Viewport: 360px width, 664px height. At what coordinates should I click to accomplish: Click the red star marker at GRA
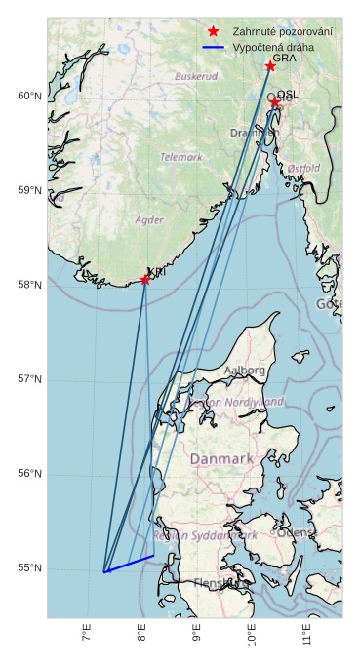coord(270,66)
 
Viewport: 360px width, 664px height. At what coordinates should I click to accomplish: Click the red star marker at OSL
coord(275,101)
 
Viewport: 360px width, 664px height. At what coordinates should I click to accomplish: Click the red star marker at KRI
coord(145,280)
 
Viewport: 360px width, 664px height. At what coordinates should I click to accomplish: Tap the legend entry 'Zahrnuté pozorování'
coord(281,32)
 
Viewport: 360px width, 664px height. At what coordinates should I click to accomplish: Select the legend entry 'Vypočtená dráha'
coord(273,47)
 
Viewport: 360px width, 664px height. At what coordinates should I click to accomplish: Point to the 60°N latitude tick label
coord(29,96)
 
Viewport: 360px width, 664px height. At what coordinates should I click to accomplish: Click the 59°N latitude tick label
coord(29,190)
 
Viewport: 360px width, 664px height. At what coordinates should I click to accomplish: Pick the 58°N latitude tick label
coord(29,285)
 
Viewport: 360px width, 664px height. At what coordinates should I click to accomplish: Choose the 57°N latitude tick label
coord(29,379)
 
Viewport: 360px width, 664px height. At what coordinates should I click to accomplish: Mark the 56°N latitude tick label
coord(29,474)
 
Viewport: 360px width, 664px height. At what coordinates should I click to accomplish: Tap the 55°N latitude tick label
coord(29,568)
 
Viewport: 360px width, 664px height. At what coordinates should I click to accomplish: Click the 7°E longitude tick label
coord(87,634)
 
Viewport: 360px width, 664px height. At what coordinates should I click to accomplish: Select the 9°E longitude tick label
coord(197,634)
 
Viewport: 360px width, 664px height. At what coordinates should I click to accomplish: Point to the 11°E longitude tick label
coord(307,634)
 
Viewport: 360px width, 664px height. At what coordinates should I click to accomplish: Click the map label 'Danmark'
coord(221,458)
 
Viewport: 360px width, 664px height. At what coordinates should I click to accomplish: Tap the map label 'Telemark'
coord(181,156)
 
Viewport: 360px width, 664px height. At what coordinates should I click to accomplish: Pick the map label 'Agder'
coord(149,220)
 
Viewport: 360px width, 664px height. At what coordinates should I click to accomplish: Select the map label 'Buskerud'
coord(196,76)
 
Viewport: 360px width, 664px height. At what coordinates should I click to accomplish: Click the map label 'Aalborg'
coord(244,371)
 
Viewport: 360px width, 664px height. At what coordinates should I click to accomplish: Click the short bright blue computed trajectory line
coord(129,564)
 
